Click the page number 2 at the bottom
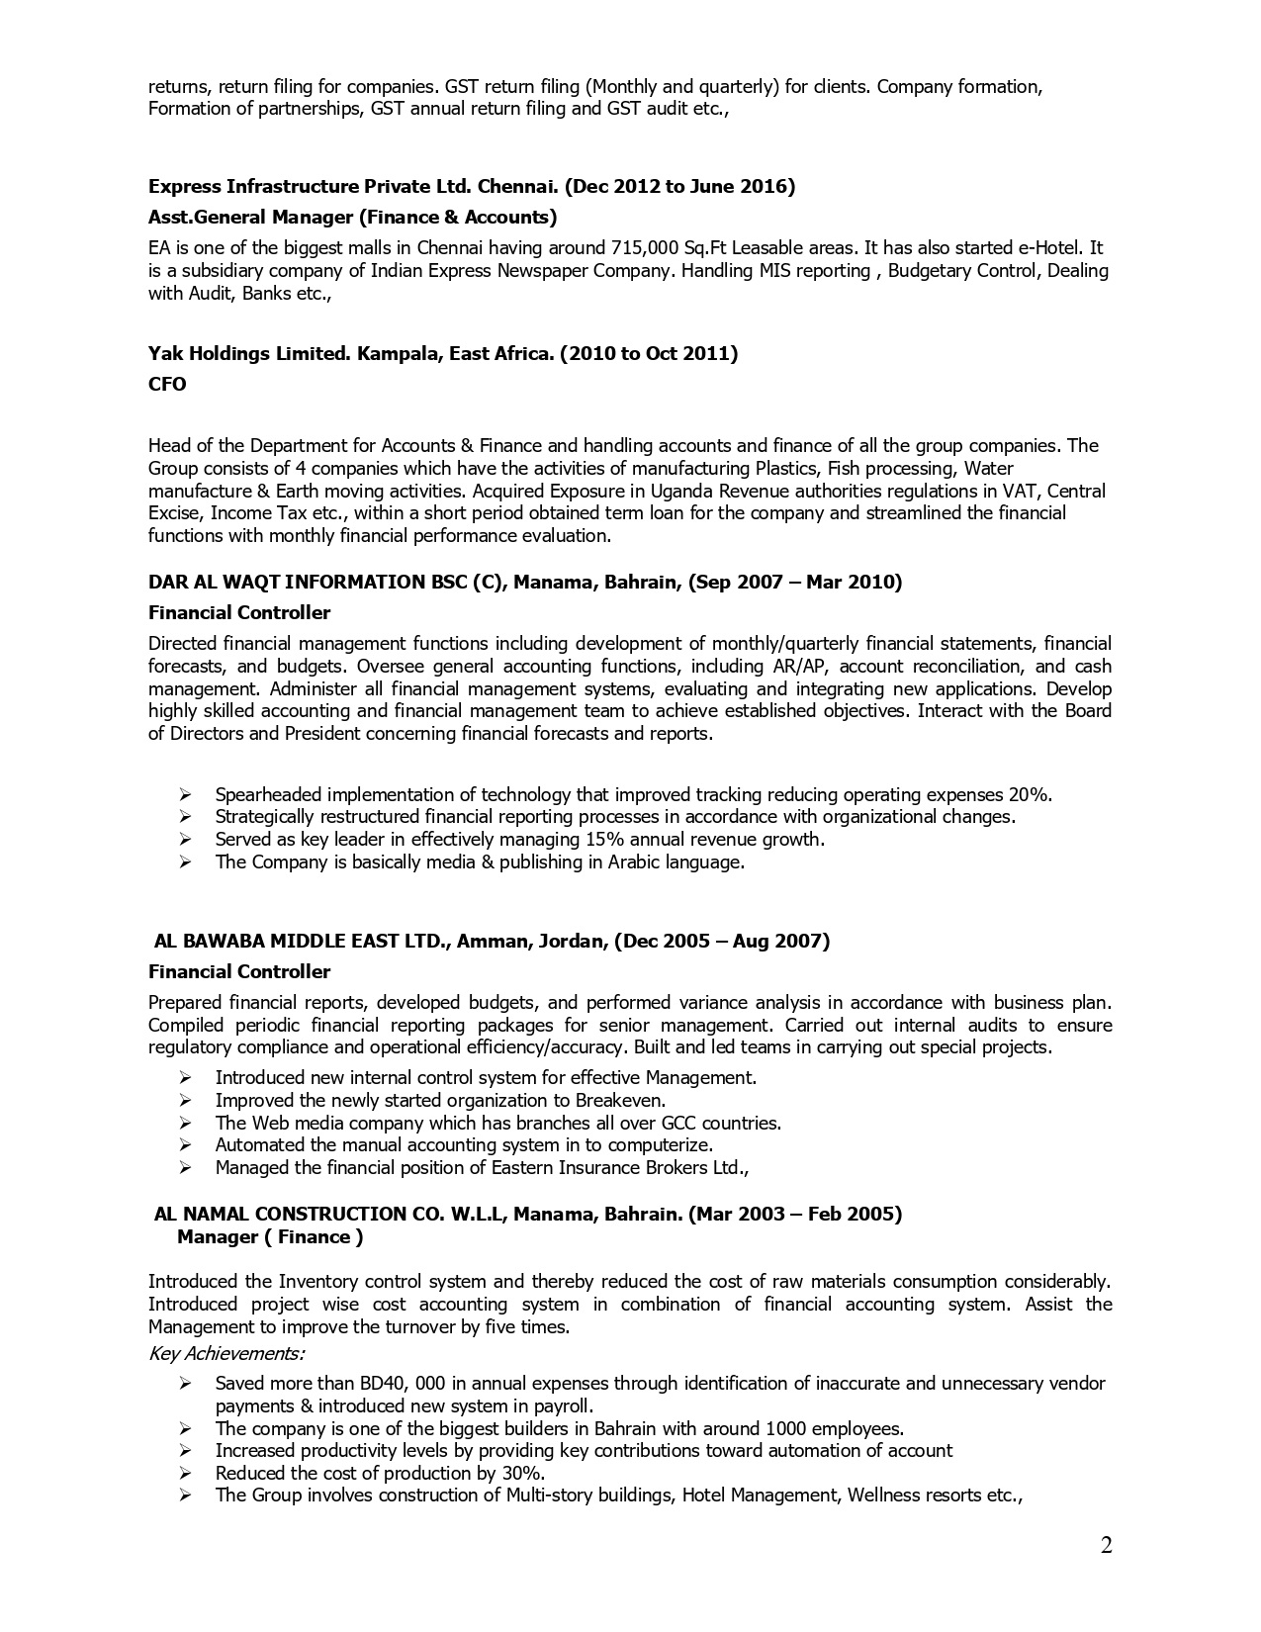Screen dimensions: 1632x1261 1106,1545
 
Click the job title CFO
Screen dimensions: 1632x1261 167,385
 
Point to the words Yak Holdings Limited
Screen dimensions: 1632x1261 244,353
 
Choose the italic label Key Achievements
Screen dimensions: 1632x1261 226,1352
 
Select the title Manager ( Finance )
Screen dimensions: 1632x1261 270,1236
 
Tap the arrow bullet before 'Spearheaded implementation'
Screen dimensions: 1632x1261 185,794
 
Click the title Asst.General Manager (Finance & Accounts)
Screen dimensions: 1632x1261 352,217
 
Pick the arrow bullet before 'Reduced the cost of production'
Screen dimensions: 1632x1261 185,1473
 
